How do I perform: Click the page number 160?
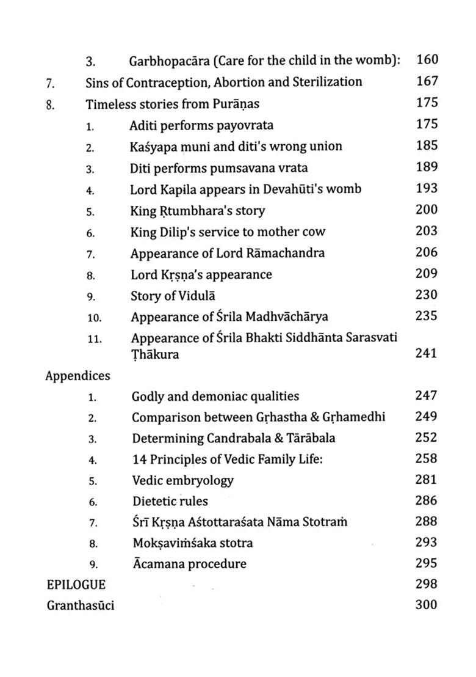tap(427, 60)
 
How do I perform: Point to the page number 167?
tap(427, 81)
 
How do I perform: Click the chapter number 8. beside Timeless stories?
tap(51, 104)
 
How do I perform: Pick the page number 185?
tap(427, 145)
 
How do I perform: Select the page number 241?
tap(427, 353)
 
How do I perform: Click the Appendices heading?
tap(78, 376)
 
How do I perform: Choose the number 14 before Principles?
tap(140, 459)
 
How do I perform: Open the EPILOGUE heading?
tap(76, 584)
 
